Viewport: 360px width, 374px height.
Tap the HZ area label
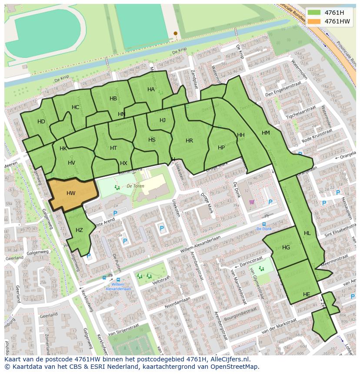coord(79,230)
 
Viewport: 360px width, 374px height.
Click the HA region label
coord(151,89)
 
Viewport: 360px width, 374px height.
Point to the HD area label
coord(41,122)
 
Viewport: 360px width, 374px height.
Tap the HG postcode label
coord(286,248)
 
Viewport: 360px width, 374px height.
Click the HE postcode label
coord(307,294)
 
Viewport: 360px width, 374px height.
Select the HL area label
coord(307,233)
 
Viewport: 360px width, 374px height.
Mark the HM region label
coord(266,132)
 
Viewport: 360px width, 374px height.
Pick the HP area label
coord(221,148)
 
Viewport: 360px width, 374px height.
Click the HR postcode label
coord(189,141)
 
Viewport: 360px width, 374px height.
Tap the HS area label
coord(152,140)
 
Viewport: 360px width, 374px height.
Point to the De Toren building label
coord(135,185)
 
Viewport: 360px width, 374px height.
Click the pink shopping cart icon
coord(252,202)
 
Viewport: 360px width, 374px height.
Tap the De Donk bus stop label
coord(264,229)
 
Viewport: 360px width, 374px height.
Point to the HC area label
coord(76,107)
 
